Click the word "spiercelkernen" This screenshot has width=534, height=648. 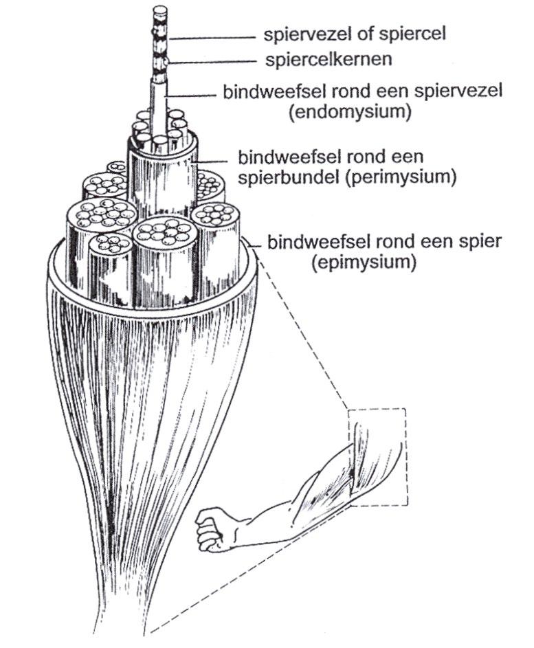[328, 60]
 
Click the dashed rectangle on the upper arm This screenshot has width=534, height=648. [377, 457]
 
